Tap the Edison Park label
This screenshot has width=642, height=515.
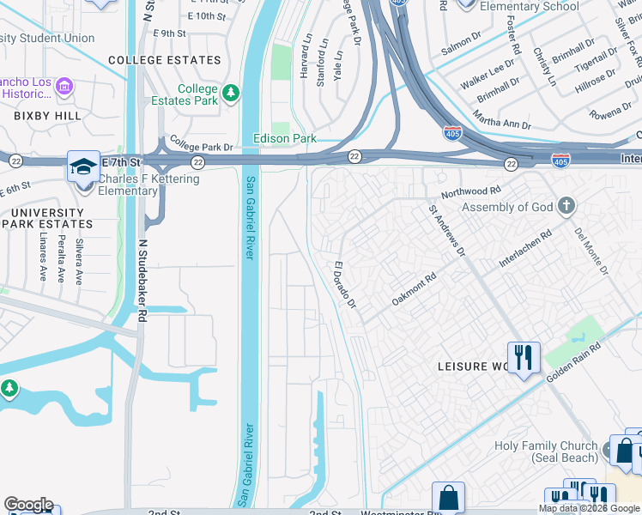click(x=284, y=138)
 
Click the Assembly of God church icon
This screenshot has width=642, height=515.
click(x=565, y=206)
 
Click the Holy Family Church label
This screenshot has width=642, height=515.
click(x=546, y=451)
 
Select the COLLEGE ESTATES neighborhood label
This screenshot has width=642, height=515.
click(x=165, y=60)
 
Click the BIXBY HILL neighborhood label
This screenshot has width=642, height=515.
click(x=47, y=115)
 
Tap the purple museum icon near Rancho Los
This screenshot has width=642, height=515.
click(x=65, y=87)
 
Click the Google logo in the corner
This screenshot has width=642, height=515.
click(x=28, y=505)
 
